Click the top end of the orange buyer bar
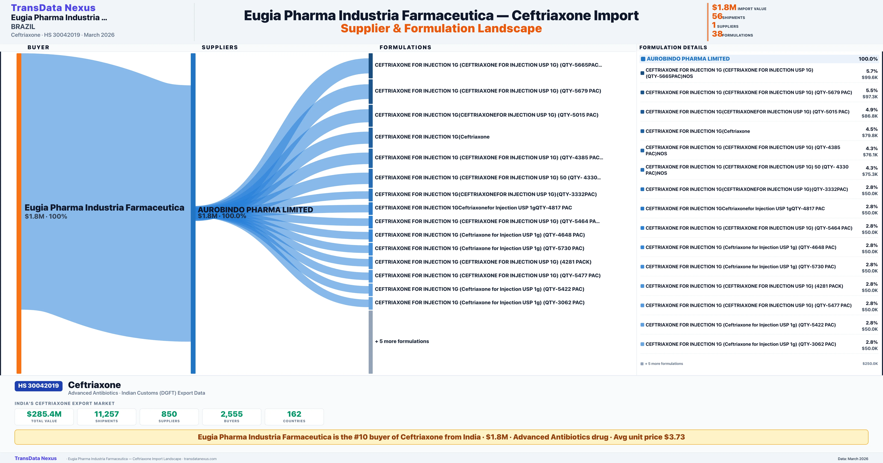[x=19, y=53]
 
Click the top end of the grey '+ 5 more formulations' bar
[x=370, y=311]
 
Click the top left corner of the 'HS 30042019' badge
[x=15, y=381]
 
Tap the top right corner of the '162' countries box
[x=324, y=409]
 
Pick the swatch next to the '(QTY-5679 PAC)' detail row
[x=642, y=92]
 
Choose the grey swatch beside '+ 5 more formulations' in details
[x=642, y=364]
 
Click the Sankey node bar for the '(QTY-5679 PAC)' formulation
[x=370, y=91]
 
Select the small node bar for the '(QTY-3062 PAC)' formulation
[x=370, y=303]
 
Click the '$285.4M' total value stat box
[x=44, y=417]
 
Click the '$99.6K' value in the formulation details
[x=870, y=77]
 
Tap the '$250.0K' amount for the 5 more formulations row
[x=870, y=364]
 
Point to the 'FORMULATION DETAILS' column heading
[x=673, y=47]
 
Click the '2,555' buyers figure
[x=232, y=414]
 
